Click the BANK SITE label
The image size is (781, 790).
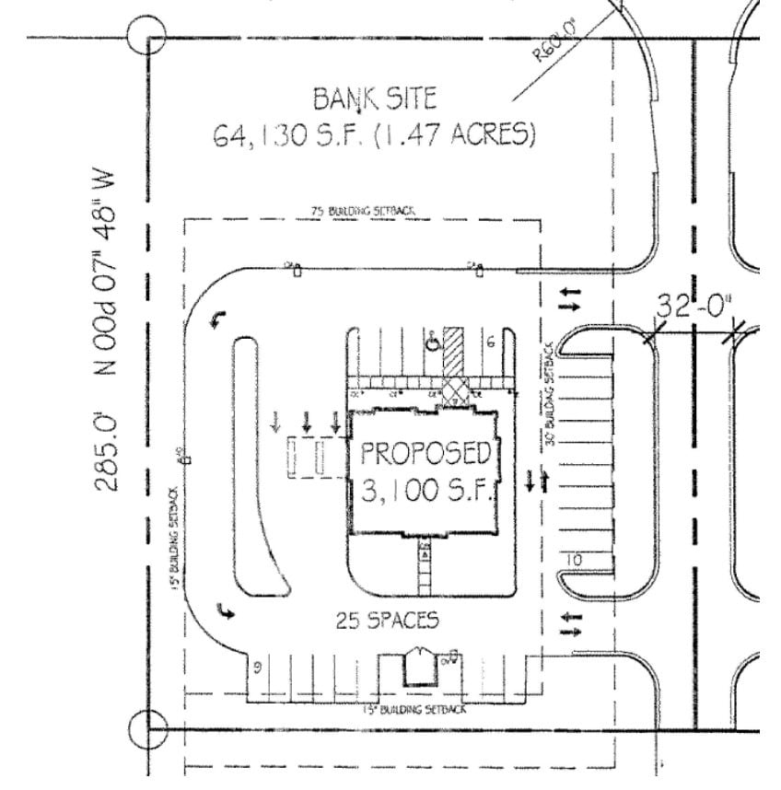click(375, 98)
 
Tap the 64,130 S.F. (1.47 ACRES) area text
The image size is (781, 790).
click(375, 135)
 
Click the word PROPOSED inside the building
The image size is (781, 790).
click(424, 453)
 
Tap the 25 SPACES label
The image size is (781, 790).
click(388, 621)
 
